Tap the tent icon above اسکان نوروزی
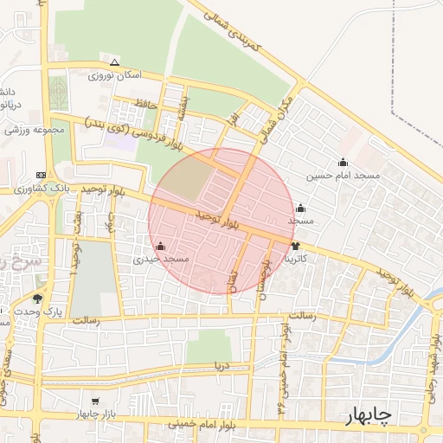(x=114, y=61)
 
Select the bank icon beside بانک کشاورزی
(x=43, y=175)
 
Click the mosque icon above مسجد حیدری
(x=160, y=247)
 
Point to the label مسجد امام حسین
(x=343, y=176)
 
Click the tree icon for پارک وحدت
(x=36, y=299)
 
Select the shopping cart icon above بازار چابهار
(x=94, y=401)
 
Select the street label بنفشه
(x=182, y=106)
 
